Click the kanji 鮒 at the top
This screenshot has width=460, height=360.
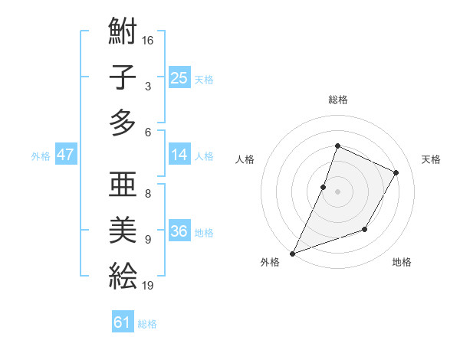[x=123, y=34]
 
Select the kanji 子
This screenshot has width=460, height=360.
[x=123, y=78]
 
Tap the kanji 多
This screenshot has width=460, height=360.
[x=123, y=122]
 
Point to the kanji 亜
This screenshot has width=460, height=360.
[x=123, y=188]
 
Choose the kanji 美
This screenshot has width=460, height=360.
[x=123, y=231]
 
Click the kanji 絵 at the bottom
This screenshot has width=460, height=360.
[x=123, y=274]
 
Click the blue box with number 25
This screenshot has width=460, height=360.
[x=179, y=77]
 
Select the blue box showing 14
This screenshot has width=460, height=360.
[x=179, y=155]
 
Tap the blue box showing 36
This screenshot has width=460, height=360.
[x=179, y=231]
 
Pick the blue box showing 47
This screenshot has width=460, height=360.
[x=65, y=155]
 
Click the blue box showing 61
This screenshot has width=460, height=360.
[x=123, y=322]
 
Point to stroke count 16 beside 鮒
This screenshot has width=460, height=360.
[x=149, y=39]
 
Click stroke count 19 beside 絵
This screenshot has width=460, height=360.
[x=149, y=285]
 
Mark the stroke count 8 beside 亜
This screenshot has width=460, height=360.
[x=148, y=193]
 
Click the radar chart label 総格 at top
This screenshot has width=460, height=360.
[x=337, y=100]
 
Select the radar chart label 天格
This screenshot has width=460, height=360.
[x=431, y=159]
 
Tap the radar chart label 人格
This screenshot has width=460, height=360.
[x=245, y=159]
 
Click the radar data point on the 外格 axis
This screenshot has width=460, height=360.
[x=292, y=253]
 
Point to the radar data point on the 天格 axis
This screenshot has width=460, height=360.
[x=396, y=172]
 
